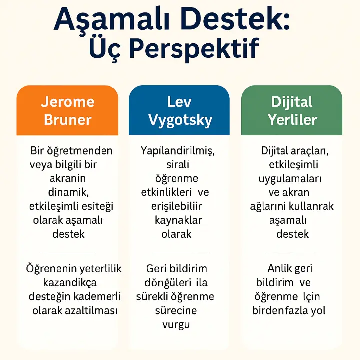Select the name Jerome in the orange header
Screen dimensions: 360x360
(x=68, y=102)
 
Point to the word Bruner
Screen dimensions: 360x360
(x=68, y=120)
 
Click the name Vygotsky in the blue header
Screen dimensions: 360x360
(x=180, y=120)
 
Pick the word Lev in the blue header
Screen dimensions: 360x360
(x=180, y=102)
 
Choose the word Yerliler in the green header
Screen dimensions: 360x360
(x=292, y=120)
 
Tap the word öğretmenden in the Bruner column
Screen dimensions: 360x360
(x=82, y=151)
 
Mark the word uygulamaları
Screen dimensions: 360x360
(x=290, y=178)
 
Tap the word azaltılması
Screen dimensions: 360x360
(x=93, y=310)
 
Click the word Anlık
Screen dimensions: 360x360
(x=279, y=269)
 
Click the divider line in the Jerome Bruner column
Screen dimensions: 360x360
(x=68, y=253)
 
